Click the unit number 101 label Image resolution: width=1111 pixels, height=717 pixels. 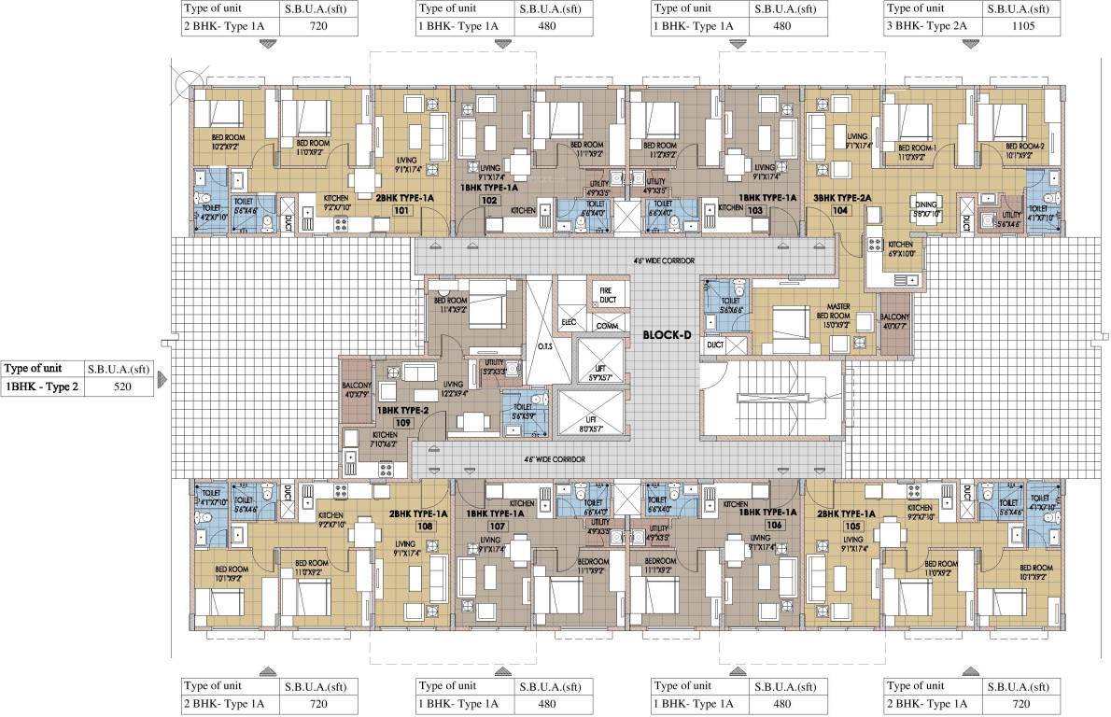pos(401,211)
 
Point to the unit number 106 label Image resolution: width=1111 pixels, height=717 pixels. pos(773,525)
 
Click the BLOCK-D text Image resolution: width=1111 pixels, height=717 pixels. pos(666,334)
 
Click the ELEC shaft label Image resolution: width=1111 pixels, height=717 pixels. pos(569,324)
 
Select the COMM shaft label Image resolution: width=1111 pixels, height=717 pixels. pos(607,325)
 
